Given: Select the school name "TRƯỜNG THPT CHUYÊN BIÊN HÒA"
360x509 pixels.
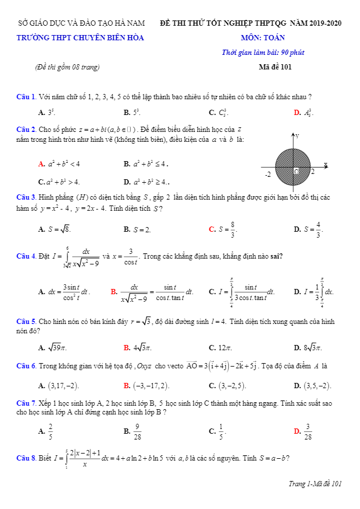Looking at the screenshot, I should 81,38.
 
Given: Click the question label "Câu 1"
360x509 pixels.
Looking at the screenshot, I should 26,96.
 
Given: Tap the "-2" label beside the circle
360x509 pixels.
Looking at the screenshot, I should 267,174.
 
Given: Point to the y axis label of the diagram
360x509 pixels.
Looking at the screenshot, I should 297,135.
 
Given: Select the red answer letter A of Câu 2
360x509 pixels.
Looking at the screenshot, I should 41,164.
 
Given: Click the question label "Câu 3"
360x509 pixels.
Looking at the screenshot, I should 26,197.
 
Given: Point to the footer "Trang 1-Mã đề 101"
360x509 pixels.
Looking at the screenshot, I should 315,483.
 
